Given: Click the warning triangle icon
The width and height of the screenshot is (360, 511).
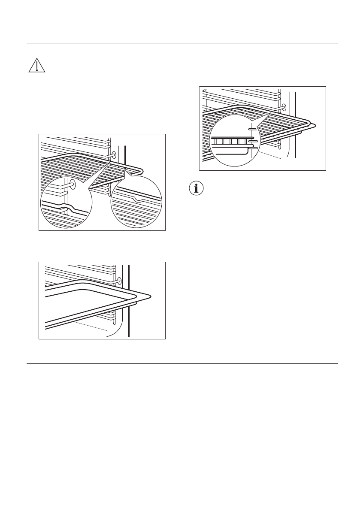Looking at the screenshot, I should click(37, 64).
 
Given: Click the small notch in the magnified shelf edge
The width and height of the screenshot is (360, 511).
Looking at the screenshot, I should click(137, 200).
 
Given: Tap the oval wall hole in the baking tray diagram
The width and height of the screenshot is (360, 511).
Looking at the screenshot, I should click(119, 281).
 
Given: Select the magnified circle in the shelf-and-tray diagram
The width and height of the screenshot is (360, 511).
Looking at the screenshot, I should click(234, 140).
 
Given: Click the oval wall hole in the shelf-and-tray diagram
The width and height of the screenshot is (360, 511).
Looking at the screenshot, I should click(284, 107).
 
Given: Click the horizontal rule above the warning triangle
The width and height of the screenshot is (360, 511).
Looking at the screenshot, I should click(182, 43).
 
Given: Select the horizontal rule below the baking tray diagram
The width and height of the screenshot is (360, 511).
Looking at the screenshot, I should click(182, 364).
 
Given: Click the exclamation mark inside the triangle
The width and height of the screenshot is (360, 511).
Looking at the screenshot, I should click(37, 66).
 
